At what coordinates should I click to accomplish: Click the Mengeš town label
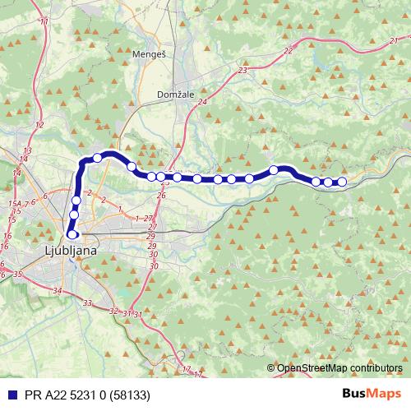click(149, 54)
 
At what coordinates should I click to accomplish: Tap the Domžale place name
click(176, 95)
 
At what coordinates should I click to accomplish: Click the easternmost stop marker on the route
click(342, 182)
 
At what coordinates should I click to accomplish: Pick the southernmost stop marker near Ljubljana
click(72, 235)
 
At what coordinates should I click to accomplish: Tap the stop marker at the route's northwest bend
click(98, 158)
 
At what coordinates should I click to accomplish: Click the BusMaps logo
click(372, 394)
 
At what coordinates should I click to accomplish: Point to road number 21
click(394, 40)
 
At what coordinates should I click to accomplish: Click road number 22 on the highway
click(287, 51)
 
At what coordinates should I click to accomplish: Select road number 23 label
click(242, 72)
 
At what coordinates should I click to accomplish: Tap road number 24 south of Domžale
click(201, 100)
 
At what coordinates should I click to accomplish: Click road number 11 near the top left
click(44, 21)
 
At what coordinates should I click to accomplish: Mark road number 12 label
click(39, 125)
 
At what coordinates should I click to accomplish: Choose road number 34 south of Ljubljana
click(56, 291)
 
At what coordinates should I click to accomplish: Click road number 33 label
click(87, 302)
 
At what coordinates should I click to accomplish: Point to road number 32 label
click(113, 311)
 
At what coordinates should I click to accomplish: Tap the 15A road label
click(14, 203)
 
